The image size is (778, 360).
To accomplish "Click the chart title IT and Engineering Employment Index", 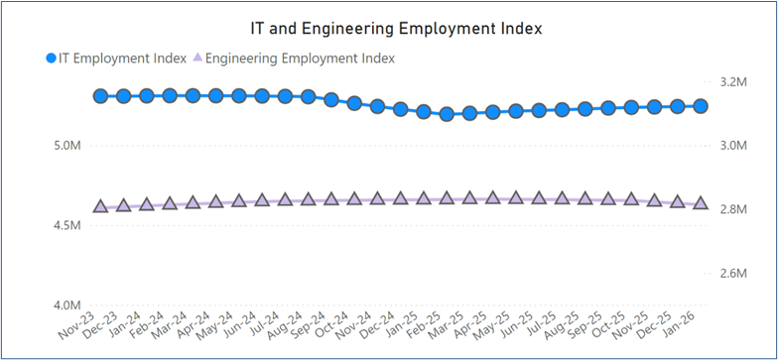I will pyautogui.click(x=396, y=29).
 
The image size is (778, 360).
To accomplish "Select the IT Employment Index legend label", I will pyautogui.click(x=124, y=59).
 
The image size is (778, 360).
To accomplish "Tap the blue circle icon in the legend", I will pyautogui.click(x=52, y=59).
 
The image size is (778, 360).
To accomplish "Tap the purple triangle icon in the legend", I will pyautogui.click(x=196, y=59).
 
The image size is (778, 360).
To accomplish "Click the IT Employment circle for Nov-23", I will pyautogui.click(x=100, y=96).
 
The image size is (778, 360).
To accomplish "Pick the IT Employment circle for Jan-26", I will pyautogui.click(x=701, y=106).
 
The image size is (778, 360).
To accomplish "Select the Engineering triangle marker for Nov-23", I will pyautogui.click(x=100, y=206).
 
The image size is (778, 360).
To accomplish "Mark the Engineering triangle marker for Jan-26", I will pyautogui.click(x=701, y=202).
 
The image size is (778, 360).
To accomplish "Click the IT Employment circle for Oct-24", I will pyautogui.click(x=354, y=102).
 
